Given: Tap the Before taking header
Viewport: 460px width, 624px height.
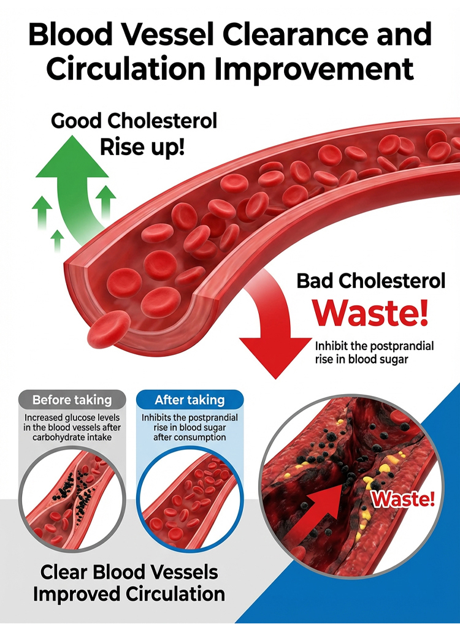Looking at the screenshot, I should click(x=72, y=400).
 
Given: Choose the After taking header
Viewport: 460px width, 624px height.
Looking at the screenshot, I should click(x=190, y=400).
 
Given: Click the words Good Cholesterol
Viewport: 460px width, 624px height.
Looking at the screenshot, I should click(x=134, y=121).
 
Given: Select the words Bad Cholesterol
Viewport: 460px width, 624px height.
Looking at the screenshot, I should click(x=371, y=281).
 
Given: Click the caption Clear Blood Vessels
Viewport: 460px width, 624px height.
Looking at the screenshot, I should click(x=129, y=573).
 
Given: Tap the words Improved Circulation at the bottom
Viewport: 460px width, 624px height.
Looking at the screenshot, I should click(x=129, y=594).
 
